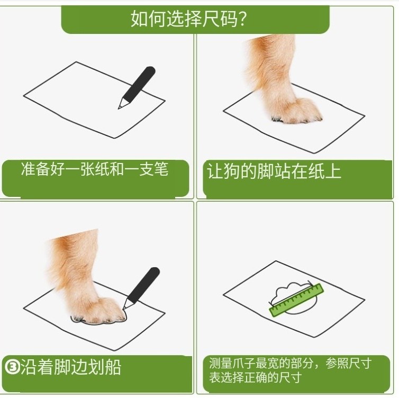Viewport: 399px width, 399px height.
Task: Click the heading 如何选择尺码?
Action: click(188, 19)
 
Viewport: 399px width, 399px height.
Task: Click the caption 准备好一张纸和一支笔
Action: click(95, 169)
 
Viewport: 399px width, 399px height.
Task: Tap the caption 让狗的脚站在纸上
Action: click(274, 171)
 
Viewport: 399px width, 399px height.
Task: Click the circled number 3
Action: click(12, 367)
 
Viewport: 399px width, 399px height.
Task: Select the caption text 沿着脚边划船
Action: click(71, 367)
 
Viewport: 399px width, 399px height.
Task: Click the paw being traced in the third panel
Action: click(98, 312)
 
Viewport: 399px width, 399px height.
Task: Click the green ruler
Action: click(296, 300)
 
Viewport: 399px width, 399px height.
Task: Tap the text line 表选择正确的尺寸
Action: click(256, 378)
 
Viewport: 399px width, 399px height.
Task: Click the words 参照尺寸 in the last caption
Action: click(348, 364)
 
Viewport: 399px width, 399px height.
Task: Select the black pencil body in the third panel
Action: click(144, 285)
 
